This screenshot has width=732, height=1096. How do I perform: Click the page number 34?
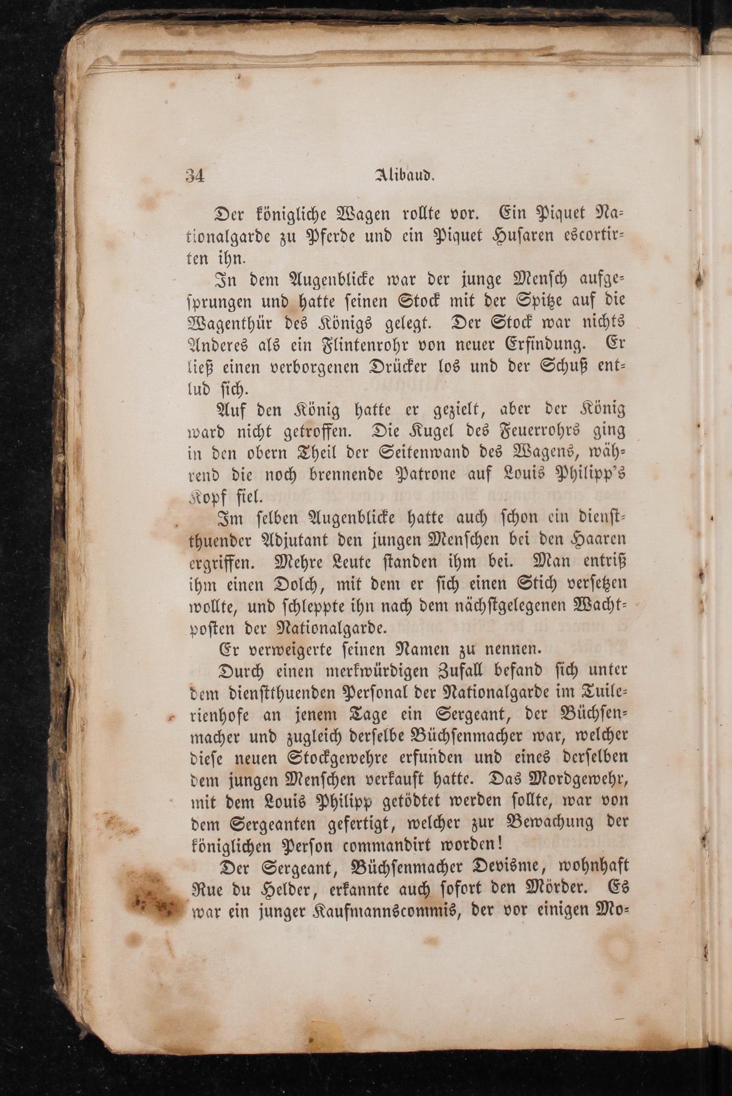click(195, 177)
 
